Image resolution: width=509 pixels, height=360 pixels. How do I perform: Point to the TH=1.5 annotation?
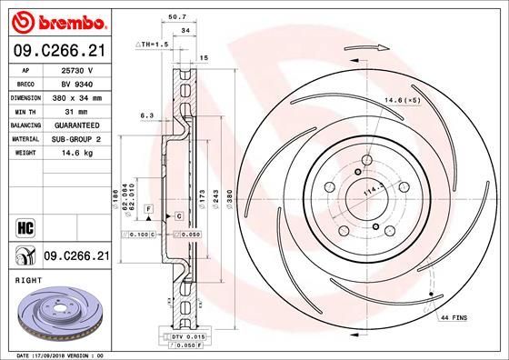(x=154, y=44)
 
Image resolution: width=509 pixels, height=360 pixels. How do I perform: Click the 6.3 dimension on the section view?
(x=145, y=115)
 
